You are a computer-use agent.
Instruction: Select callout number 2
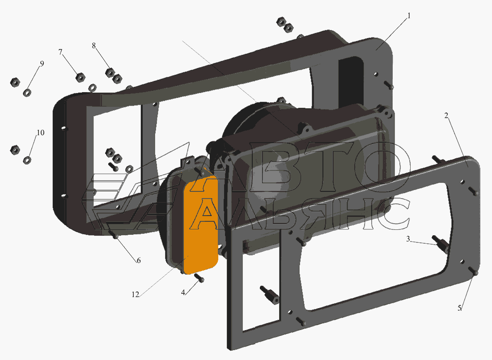[446, 116]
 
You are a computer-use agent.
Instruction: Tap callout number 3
[408, 239]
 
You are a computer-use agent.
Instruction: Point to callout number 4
[183, 292]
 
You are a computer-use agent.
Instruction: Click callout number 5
[460, 308]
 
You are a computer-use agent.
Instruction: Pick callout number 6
[138, 261]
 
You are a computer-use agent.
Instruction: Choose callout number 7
[60, 52]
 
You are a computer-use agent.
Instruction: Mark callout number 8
[94, 46]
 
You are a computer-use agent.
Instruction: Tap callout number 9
[42, 64]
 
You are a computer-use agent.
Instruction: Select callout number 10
[40, 133]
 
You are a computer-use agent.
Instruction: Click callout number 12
[135, 295]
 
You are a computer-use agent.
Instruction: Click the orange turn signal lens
[203, 224]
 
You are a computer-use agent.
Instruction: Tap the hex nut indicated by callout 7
[81, 77]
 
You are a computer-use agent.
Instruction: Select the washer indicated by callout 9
[27, 93]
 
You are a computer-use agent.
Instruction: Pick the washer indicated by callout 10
[27, 161]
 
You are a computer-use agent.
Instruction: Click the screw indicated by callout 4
[199, 277]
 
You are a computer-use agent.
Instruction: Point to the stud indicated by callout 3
[440, 243]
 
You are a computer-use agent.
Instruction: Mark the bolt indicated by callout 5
[474, 271]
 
